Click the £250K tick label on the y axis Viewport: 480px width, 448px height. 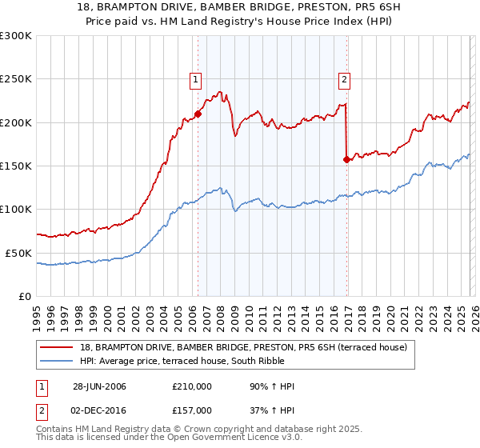[16, 79]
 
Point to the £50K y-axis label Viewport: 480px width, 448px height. [18, 253]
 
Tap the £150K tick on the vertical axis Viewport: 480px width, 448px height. [16, 166]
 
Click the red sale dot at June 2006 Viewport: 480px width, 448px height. [198, 114]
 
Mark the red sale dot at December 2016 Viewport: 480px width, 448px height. [346, 159]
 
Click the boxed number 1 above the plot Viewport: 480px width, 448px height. [195, 78]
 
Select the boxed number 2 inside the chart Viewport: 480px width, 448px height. [344, 78]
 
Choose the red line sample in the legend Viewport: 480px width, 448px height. [57, 347]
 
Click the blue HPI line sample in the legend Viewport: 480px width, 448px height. [57, 361]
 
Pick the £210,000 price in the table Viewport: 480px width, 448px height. [191, 387]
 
